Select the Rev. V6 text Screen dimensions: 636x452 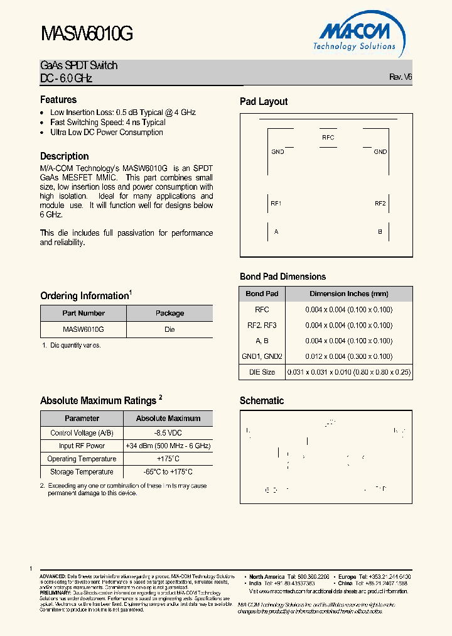pyautogui.click(x=401, y=77)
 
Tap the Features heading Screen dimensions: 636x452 pyautogui.click(x=58, y=100)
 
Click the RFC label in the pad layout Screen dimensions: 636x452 pyautogui.click(x=328, y=138)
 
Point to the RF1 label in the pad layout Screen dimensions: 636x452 pyautogui.click(x=276, y=204)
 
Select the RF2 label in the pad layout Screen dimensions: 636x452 pyautogui.click(x=380, y=204)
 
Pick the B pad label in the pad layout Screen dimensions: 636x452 pyautogui.click(x=380, y=232)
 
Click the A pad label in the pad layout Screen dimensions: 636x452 pyautogui.click(x=276, y=232)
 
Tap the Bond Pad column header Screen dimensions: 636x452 pyautogui.click(x=262, y=293)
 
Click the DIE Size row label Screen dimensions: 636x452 pyautogui.click(x=262, y=372)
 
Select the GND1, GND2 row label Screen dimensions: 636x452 pyautogui.click(x=262, y=356)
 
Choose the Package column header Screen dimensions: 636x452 pyautogui.click(x=169, y=313)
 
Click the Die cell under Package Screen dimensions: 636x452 pyautogui.click(x=169, y=329)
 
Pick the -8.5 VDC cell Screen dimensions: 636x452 pyautogui.click(x=168, y=433)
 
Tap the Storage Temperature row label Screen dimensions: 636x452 pyautogui.click(x=82, y=472)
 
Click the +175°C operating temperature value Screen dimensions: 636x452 pyautogui.click(x=168, y=459)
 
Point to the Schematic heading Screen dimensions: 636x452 pyautogui.click(x=262, y=401)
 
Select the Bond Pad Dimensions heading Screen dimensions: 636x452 pyautogui.click(x=282, y=277)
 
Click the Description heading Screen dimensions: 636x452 pyautogui.click(x=64, y=156)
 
